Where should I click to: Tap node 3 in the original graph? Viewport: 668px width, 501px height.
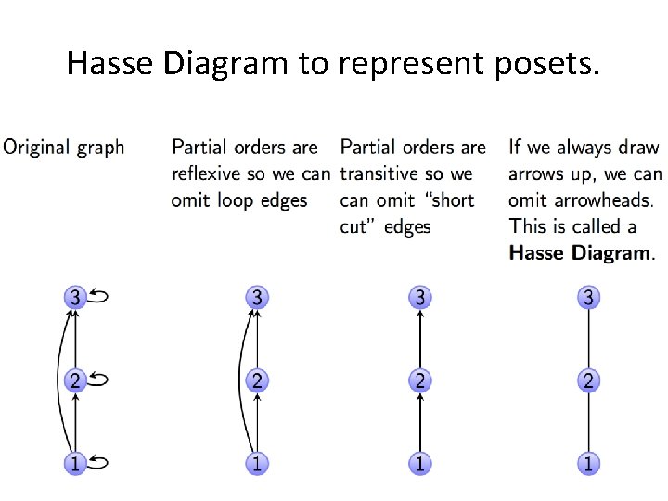click(x=75, y=298)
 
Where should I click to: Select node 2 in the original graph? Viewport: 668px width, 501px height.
click(x=75, y=379)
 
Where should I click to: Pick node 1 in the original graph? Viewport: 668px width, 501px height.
click(x=75, y=462)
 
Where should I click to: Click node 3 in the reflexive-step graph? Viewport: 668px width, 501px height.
click(x=256, y=298)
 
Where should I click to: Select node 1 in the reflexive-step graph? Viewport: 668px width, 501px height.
click(x=256, y=462)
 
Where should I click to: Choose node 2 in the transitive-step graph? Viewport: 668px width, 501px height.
click(x=420, y=379)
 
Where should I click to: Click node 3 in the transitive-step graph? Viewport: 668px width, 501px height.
click(x=420, y=298)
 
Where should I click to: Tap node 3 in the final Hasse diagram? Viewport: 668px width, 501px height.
click(x=587, y=298)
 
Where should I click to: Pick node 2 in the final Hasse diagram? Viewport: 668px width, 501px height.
click(x=587, y=379)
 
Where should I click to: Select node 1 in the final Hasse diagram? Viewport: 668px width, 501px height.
click(x=587, y=462)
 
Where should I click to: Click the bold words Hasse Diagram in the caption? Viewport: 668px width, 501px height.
click(x=580, y=253)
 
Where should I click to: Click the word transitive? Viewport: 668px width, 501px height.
click(x=379, y=173)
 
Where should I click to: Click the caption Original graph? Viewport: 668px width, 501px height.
click(x=64, y=147)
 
